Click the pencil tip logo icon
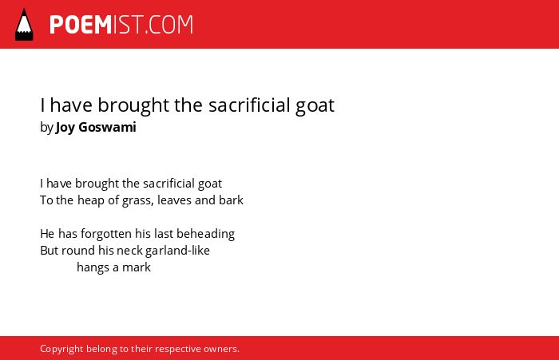(x=24, y=24)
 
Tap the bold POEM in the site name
(x=81, y=25)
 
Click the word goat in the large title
(x=315, y=105)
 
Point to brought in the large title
(x=133, y=105)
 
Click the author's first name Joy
(x=65, y=128)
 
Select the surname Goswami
(x=107, y=127)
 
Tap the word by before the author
(x=46, y=128)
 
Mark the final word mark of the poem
(x=137, y=267)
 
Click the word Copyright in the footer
(x=61, y=349)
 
